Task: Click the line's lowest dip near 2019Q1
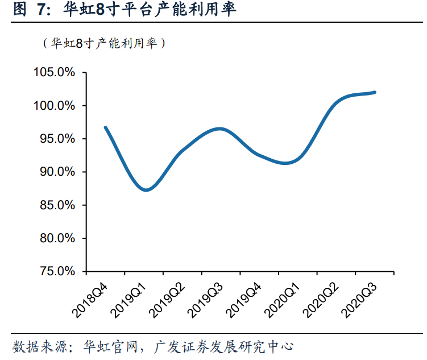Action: pos(146,190)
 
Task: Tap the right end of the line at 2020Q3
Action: pos(375,92)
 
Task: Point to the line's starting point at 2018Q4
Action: pos(105,127)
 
